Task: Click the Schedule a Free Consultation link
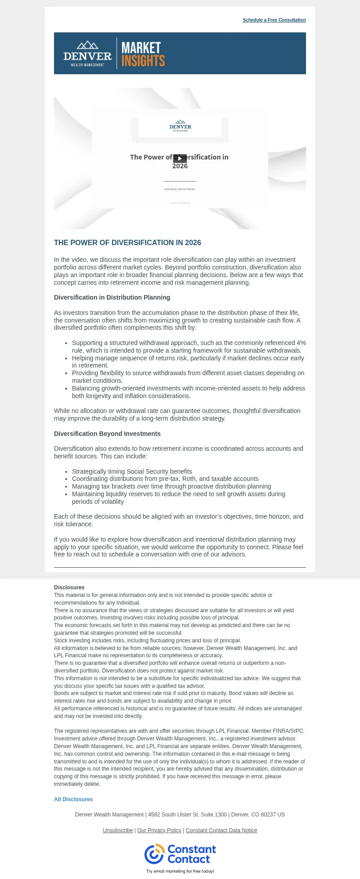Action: click(x=274, y=20)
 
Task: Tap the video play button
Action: click(x=180, y=158)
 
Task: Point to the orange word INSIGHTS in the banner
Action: click(x=143, y=61)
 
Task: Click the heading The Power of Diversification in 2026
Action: click(x=127, y=243)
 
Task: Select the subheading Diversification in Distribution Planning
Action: click(x=112, y=297)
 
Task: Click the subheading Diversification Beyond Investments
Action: click(x=107, y=434)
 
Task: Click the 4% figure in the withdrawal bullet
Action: click(x=301, y=343)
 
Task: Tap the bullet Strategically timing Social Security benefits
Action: click(x=132, y=471)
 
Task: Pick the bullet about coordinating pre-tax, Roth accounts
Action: click(x=165, y=479)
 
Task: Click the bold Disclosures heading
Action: click(x=69, y=587)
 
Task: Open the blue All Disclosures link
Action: click(x=73, y=799)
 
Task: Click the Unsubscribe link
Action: click(x=117, y=830)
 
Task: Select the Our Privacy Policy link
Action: click(x=159, y=830)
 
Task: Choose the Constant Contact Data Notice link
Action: click(x=221, y=830)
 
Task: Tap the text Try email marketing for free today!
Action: click(x=180, y=871)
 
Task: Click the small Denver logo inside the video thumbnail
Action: click(x=180, y=125)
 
